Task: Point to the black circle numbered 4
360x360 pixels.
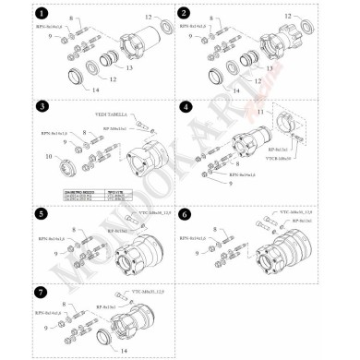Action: click(185, 107)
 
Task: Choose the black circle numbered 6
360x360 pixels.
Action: click(185, 213)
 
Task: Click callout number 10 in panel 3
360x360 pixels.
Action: click(48, 159)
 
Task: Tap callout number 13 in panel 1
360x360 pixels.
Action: click(129, 67)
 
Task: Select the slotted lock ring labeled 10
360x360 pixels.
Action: click(67, 168)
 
